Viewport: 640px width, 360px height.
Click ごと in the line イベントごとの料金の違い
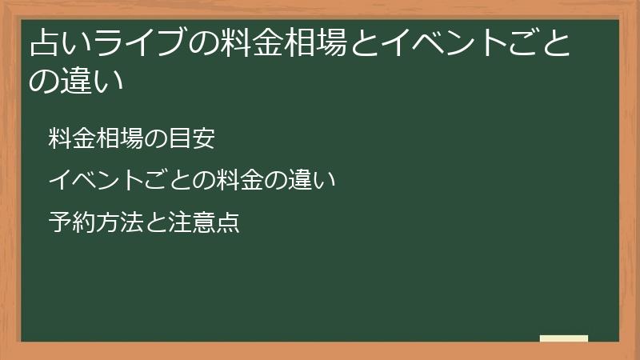pos(154,180)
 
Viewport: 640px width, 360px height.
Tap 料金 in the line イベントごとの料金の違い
pos(216,180)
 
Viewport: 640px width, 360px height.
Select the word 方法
pos(111,221)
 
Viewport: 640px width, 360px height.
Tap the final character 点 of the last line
pos(226,221)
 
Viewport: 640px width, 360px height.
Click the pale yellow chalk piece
pos(563,338)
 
